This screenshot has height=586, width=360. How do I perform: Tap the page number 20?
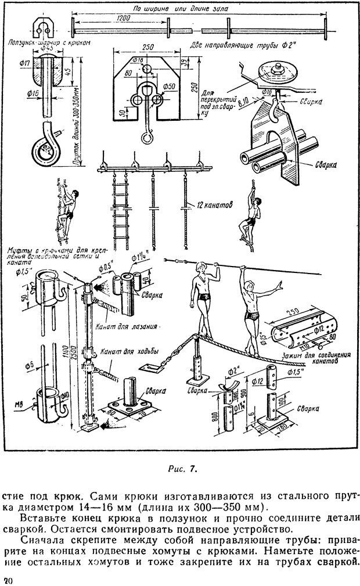coord(7,580)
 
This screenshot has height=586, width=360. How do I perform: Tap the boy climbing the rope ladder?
coord(65,209)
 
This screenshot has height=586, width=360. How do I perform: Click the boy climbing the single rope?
coord(249,218)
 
